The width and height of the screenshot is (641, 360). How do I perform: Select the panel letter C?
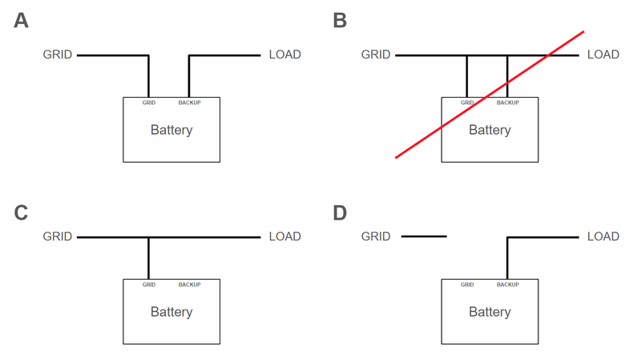click(x=22, y=212)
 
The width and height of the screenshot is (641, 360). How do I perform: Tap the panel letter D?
click(x=340, y=212)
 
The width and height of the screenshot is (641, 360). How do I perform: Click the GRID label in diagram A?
click(x=58, y=55)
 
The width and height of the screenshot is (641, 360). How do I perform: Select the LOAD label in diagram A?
click(x=284, y=55)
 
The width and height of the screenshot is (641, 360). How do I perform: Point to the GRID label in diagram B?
click(x=376, y=55)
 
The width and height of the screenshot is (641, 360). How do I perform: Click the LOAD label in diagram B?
click(x=603, y=55)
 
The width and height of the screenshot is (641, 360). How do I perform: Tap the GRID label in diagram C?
click(x=58, y=237)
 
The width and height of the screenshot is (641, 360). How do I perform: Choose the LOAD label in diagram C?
click(x=284, y=237)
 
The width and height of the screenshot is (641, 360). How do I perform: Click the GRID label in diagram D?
click(x=376, y=237)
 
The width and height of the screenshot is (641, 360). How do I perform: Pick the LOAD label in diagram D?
click(x=603, y=237)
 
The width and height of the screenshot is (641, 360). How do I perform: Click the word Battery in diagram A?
click(x=171, y=130)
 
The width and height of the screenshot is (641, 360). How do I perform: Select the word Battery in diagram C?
click(x=171, y=312)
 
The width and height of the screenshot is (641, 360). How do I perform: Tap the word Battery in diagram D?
click(x=490, y=312)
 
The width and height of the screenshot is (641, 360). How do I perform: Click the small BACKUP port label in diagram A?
click(x=189, y=103)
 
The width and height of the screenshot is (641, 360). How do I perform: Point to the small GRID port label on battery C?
click(x=149, y=285)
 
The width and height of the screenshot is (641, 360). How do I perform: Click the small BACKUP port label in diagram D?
click(x=507, y=285)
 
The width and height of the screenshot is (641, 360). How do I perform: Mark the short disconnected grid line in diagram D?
click(x=424, y=237)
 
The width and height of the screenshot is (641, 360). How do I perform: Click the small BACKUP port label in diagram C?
click(x=189, y=285)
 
